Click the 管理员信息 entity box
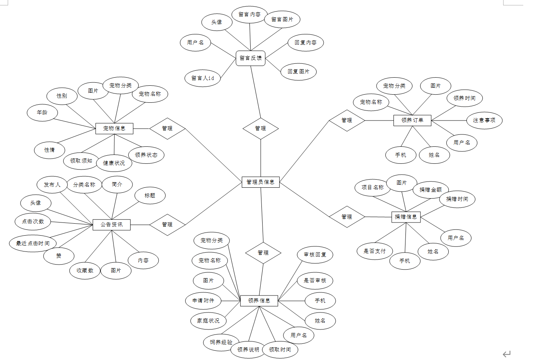260,182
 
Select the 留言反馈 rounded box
251,58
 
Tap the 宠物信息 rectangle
114,128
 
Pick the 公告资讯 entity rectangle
112,224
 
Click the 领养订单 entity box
412,120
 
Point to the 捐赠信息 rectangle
406,217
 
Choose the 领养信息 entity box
259,301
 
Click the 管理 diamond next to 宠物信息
167,128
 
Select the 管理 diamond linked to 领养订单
347,120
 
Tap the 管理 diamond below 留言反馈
261,128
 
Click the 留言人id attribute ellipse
203,78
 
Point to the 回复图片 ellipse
298,71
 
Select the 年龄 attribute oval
42,112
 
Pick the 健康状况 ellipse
114,163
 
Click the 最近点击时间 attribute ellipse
33,243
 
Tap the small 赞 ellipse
59,256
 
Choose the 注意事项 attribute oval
484,120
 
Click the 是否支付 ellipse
375,251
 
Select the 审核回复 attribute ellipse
315,255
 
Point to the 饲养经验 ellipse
221,342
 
